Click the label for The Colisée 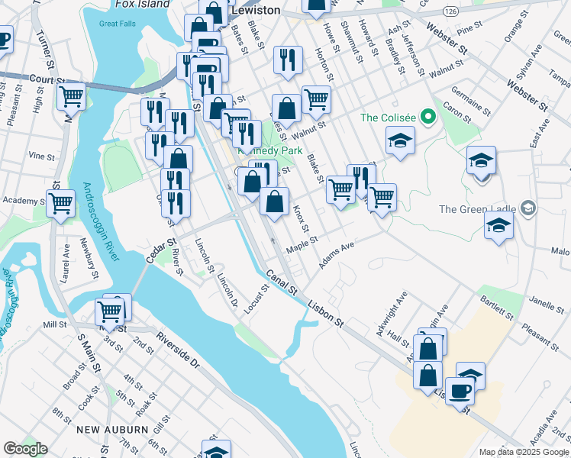pos(389,118)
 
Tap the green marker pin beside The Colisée pos(427,118)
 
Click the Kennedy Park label pos(260,150)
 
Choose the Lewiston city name pos(255,11)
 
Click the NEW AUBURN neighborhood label pos(112,430)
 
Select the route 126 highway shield pos(450,11)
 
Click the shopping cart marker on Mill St pos(110,311)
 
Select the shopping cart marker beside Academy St pos(60,204)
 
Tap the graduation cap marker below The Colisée pos(400,141)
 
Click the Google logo pos(25,449)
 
